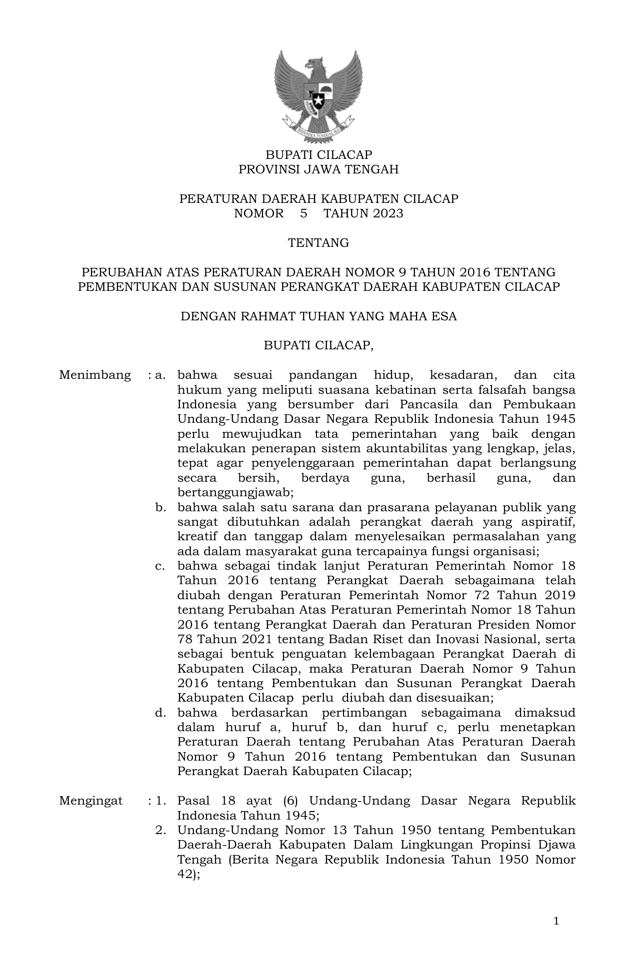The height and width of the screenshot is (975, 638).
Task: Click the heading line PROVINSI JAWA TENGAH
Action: pos(318,169)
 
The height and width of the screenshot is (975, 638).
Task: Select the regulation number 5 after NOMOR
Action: pos(303,213)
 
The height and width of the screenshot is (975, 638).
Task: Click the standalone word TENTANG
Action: pos(318,243)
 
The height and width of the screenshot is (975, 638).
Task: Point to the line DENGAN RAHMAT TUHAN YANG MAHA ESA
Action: pos(318,316)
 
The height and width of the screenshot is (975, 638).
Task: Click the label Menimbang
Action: pos(95,375)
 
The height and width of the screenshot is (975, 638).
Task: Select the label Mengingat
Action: pos(90,801)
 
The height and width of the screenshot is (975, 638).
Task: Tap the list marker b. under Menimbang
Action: pos(160,508)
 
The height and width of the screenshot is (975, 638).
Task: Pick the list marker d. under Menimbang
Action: pos(160,713)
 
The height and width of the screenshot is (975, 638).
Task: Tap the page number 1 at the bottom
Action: pos(556,921)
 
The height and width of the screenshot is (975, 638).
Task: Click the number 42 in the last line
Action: pos(185,875)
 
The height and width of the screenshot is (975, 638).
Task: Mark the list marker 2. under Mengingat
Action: pos(160,831)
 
